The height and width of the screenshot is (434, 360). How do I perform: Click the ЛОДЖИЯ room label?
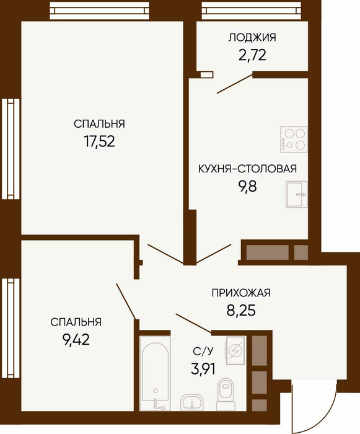point(252,38)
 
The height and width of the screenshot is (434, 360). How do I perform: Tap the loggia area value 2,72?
point(252,55)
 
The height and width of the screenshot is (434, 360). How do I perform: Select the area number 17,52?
point(99,141)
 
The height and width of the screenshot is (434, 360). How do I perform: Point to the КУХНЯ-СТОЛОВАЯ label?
point(247,169)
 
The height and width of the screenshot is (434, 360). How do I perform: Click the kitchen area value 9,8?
point(247,186)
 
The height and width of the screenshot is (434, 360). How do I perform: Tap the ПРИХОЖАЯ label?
point(241,293)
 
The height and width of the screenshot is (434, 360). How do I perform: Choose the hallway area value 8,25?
point(241,310)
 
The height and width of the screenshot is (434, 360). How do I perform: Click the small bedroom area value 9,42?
point(76,339)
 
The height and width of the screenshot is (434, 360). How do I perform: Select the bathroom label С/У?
point(203,352)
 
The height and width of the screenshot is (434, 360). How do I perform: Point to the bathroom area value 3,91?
point(203,369)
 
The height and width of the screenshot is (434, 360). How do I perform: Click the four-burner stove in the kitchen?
point(294,139)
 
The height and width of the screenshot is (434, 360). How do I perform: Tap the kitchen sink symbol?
point(296,194)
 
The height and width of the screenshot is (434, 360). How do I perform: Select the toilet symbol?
point(226,393)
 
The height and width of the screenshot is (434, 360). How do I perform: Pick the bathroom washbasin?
point(191,402)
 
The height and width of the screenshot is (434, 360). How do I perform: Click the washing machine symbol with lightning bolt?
point(235,350)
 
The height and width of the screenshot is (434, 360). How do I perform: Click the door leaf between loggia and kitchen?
point(235,83)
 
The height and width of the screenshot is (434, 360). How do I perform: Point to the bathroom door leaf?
point(194,323)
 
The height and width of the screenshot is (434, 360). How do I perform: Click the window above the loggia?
point(252,11)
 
